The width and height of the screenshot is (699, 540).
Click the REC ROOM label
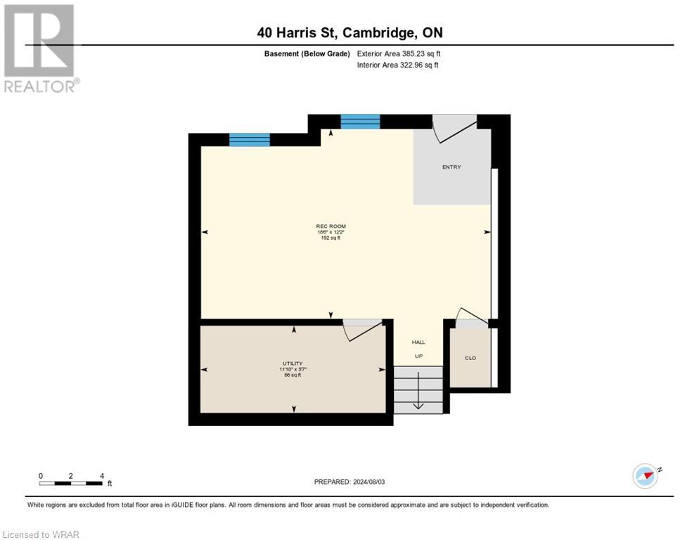coord(331,226)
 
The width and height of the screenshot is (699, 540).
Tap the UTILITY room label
coord(293,364)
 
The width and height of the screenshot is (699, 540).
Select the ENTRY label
coord(451,167)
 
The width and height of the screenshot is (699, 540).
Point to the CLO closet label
coord(470,358)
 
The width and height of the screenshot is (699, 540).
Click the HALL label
coord(418,342)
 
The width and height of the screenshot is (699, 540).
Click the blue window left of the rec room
coord(250,139)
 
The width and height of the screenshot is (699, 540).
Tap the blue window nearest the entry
coord(360,122)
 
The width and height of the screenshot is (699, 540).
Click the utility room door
coord(361,330)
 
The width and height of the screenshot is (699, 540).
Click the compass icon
coord(645,476)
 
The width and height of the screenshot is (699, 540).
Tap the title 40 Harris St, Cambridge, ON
coord(349,32)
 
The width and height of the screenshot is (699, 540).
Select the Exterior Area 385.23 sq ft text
coord(399,53)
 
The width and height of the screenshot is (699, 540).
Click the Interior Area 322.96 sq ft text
coord(398,65)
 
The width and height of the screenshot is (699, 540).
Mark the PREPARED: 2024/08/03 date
coord(349,482)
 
